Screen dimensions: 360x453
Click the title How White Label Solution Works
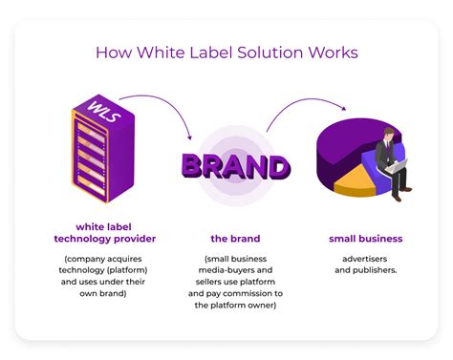tap(226, 52)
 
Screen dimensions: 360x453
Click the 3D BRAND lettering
tap(235, 166)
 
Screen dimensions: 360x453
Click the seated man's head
tap(389, 135)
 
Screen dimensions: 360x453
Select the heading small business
tap(365, 239)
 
